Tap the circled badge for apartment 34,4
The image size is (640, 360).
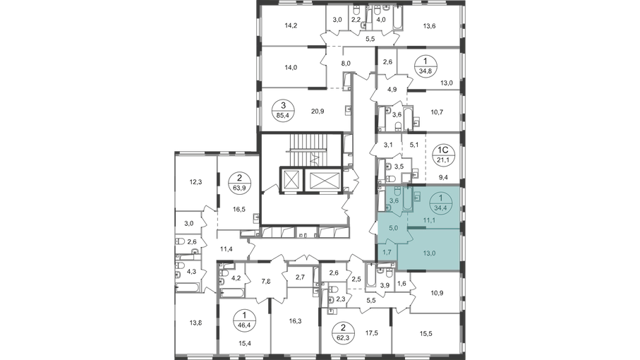pyautogui.click(x=440, y=203)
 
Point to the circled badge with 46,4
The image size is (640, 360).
pyautogui.click(x=244, y=320)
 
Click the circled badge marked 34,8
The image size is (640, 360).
pyautogui.click(x=425, y=66)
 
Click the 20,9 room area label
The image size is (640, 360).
pyautogui.click(x=317, y=111)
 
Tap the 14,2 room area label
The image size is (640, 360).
pyautogui.click(x=291, y=25)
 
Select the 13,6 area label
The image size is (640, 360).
pyautogui.click(x=429, y=26)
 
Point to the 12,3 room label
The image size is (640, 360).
pyautogui.click(x=196, y=182)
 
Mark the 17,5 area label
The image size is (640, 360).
pyautogui.click(x=371, y=333)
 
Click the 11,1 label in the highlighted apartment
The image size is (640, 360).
pyautogui.click(x=428, y=221)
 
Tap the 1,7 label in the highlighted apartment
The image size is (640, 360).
pyautogui.click(x=387, y=252)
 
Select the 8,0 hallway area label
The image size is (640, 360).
pyautogui.click(x=346, y=64)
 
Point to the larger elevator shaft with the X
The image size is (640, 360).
pyautogui.click(x=325, y=180)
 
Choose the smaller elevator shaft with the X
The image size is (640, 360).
pyautogui.click(x=291, y=180)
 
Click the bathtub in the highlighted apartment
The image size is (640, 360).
pyautogui.click(x=407, y=198)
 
